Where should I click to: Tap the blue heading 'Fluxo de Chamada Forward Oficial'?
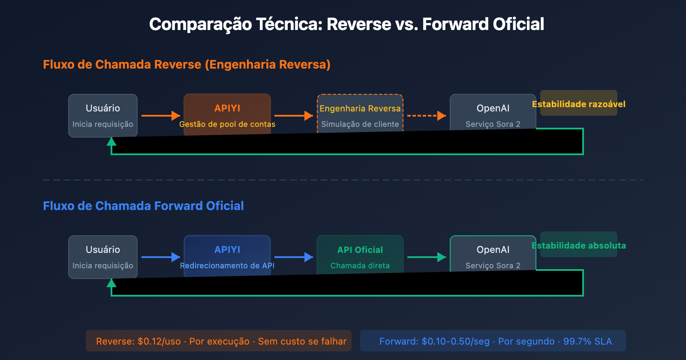(x=143, y=206)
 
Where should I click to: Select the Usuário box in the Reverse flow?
(x=103, y=115)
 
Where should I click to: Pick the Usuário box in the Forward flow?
(x=103, y=256)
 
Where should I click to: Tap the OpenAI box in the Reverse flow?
(x=493, y=111)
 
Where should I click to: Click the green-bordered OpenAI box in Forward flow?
(x=493, y=253)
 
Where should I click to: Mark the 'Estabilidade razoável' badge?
(x=579, y=103)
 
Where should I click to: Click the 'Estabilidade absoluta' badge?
(x=579, y=245)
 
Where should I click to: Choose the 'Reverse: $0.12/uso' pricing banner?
(x=219, y=341)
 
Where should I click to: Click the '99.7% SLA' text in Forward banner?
(x=587, y=341)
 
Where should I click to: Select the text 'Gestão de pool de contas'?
(x=227, y=124)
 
